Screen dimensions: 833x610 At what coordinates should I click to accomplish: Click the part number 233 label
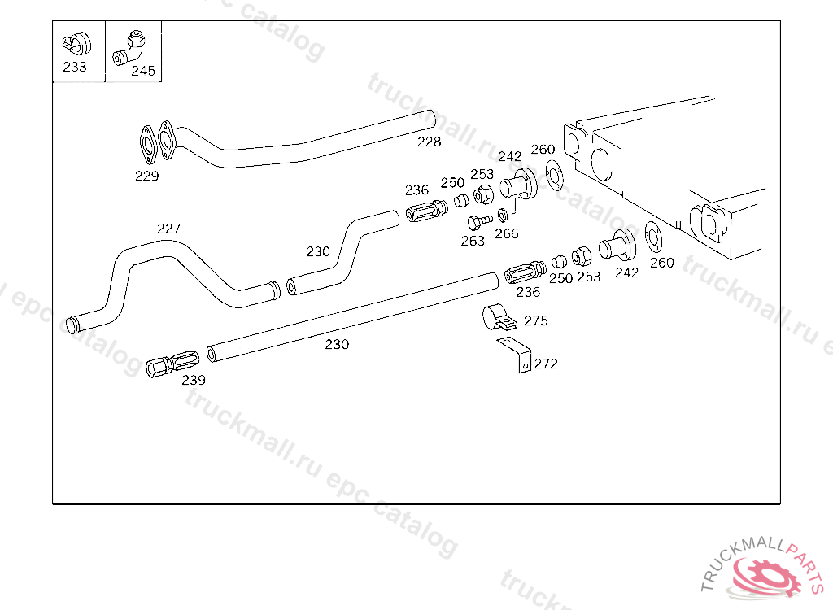[x=74, y=67]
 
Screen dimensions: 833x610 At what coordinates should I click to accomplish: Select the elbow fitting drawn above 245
[x=129, y=47]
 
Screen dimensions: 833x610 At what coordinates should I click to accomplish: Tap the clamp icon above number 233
[x=76, y=44]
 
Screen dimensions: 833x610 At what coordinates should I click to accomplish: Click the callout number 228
[x=429, y=142]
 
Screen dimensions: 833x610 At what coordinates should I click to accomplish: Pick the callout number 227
[x=168, y=229]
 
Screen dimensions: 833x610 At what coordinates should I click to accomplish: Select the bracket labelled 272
[x=515, y=354]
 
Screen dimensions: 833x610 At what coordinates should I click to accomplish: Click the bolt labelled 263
[x=480, y=220]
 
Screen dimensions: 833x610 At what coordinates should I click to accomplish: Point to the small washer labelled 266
[x=503, y=216]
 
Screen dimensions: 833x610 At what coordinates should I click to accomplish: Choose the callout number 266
[x=506, y=233]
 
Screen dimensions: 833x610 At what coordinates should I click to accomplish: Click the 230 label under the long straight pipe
[x=337, y=344]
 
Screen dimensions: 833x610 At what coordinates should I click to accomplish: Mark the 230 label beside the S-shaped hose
[x=318, y=251]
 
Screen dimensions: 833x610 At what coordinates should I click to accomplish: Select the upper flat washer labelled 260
[x=555, y=175]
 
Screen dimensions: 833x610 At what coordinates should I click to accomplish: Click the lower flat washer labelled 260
[x=653, y=237]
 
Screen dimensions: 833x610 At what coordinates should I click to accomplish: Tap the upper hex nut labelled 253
[x=483, y=194]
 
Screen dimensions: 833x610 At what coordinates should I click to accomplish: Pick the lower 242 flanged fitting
[x=617, y=246]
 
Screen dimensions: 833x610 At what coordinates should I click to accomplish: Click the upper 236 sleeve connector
[x=426, y=211]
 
